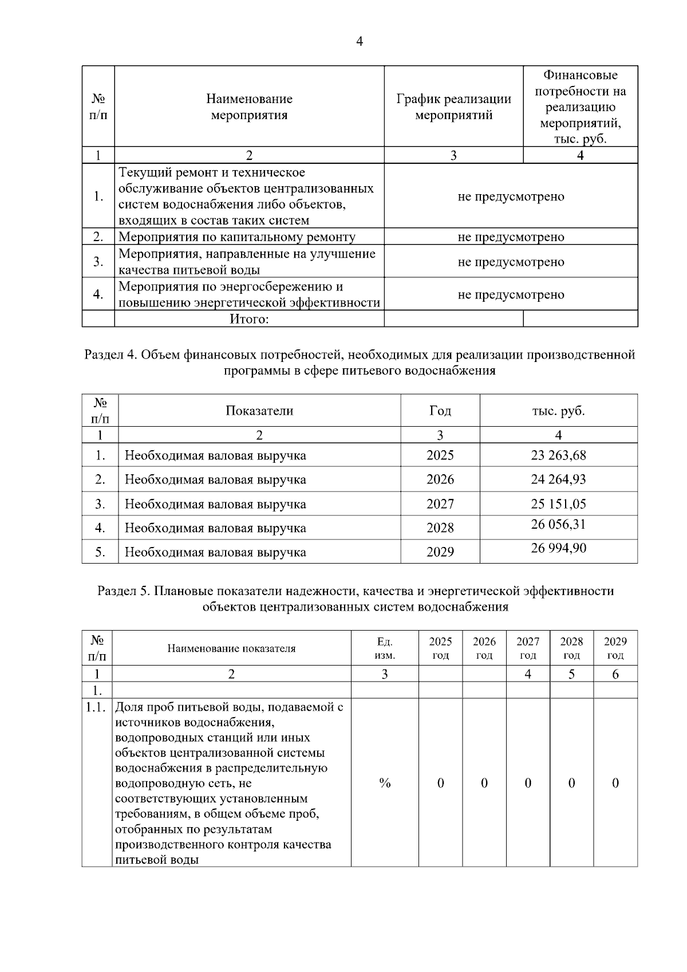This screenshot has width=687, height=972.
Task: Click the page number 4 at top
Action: pyautogui.click(x=360, y=41)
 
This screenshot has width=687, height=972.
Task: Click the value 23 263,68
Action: pyautogui.click(x=558, y=455)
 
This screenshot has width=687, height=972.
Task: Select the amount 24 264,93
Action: pyautogui.click(x=558, y=479)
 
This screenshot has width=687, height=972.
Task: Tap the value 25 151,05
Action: pyautogui.click(x=558, y=504)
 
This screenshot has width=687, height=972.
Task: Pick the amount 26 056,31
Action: pyautogui.click(x=558, y=524)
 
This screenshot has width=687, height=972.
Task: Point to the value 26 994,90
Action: pyautogui.click(x=558, y=548)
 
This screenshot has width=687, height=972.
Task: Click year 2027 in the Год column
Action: pyautogui.click(x=440, y=504)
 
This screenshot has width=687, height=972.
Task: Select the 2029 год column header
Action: pyautogui.click(x=615, y=648)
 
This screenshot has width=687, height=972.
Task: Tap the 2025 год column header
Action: pyautogui.click(x=440, y=648)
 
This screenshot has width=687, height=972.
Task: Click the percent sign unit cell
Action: pyautogui.click(x=385, y=783)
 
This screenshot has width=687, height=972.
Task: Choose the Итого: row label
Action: pyautogui.click(x=249, y=319)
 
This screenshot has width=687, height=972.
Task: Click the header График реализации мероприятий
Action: pyautogui.click(x=453, y=107)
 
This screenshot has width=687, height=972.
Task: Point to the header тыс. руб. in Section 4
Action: pyautogui.click(x=558, y=411)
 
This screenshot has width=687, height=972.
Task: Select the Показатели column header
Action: pyautogui.click(x=259, y=411)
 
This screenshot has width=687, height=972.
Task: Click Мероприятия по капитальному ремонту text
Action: pyautogui.click(x=237, y=237)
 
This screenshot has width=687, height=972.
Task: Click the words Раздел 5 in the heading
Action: pyautogui.click(x=123, y=591)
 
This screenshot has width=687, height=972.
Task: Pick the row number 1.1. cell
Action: pyautogui.click(x=96, y=707)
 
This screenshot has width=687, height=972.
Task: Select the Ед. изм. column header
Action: pyautogui.click(x=385, y=648)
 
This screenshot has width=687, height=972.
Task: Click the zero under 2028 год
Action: pyautogui.click(x=571, y=783)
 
